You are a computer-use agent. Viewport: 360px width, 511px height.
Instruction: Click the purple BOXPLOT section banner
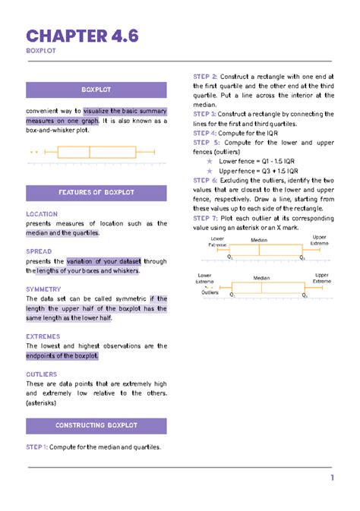click(96, 90)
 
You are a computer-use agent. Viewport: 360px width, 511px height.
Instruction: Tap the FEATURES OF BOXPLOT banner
click(96, 193)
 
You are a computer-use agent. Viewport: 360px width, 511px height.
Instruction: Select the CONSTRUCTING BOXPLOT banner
click(96, 425)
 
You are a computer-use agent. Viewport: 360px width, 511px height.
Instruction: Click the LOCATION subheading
click(41, 214)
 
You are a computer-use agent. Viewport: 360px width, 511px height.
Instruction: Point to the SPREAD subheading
click(39, 251)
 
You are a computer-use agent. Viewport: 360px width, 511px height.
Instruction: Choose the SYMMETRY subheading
click(43, 289)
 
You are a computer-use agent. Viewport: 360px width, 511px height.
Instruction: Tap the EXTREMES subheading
click(44, 336)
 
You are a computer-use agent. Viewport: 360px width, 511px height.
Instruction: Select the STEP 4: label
click(205, 132)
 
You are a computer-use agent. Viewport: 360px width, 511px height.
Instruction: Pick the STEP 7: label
click(205, 217)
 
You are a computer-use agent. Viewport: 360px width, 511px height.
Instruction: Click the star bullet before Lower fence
click(210, 162)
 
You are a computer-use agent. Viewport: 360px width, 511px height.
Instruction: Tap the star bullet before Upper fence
click(210, 172)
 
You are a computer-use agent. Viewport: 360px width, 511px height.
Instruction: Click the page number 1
click(332, 478)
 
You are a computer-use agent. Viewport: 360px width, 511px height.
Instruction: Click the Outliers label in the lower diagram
click(210, 292)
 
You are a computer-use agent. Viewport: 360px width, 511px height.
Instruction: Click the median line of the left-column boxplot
click(90, 152)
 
